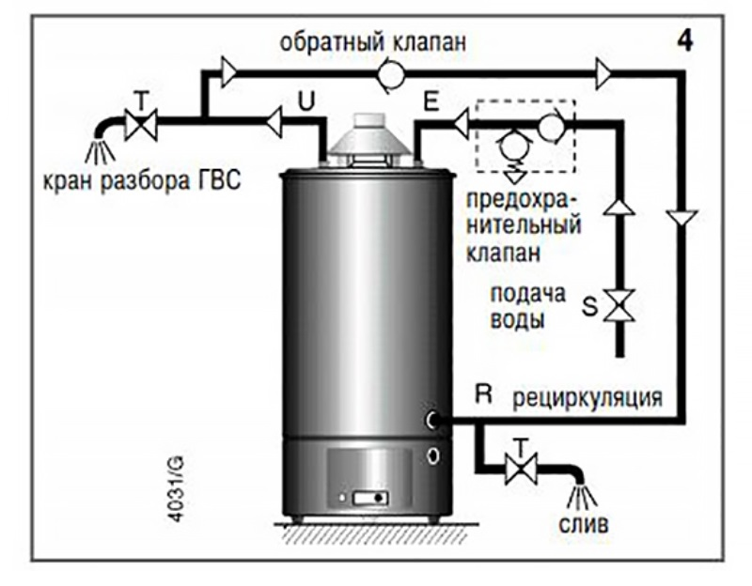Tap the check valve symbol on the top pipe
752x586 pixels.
[x=389, y=72]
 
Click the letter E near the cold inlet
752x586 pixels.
[x=431, y=103]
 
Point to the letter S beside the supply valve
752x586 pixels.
[x=589, y=307]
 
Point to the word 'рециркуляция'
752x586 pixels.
[x=587, y=397]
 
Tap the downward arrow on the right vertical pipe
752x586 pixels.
[x=683, y=219]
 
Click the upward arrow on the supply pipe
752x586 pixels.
[x=619, y=205]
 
